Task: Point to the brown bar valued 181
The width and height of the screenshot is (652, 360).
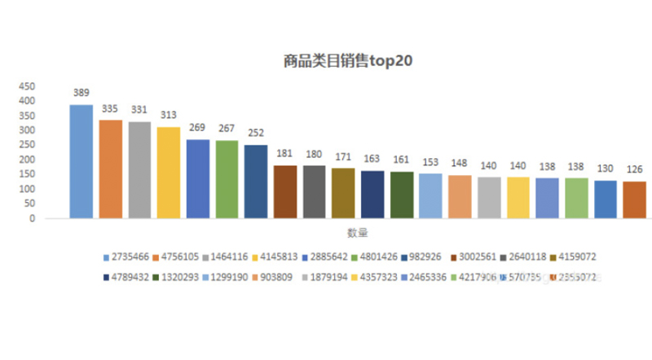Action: click(x=285, y=191)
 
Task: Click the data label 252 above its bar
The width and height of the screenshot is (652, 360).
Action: click(x=256, y=133)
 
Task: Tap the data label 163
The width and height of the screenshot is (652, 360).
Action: click(x=372, y=159)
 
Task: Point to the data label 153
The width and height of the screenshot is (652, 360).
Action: click(x=430, y=161)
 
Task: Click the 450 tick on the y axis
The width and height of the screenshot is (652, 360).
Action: click(x=27, y=86)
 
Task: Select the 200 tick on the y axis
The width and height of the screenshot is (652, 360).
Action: click(x=27, y=160)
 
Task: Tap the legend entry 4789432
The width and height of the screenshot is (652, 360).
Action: click(x=130, y=278)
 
